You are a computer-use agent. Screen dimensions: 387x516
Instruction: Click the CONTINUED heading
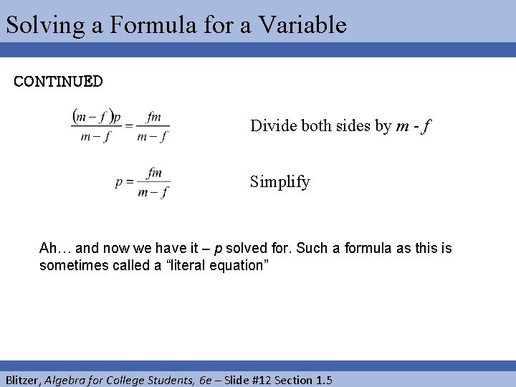click(x=58, y=81)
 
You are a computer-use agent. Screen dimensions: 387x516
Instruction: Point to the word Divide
click(x=271, y=126)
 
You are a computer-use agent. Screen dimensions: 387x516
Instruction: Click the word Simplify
click(x=280, y=182)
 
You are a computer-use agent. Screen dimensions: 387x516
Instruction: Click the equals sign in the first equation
click(x=129, y=125)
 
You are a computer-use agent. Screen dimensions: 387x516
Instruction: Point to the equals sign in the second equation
click(x=130, y=182)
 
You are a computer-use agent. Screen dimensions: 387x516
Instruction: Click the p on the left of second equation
click(x=118, y=183)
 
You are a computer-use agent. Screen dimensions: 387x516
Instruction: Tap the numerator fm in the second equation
click(x=154, y=173)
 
